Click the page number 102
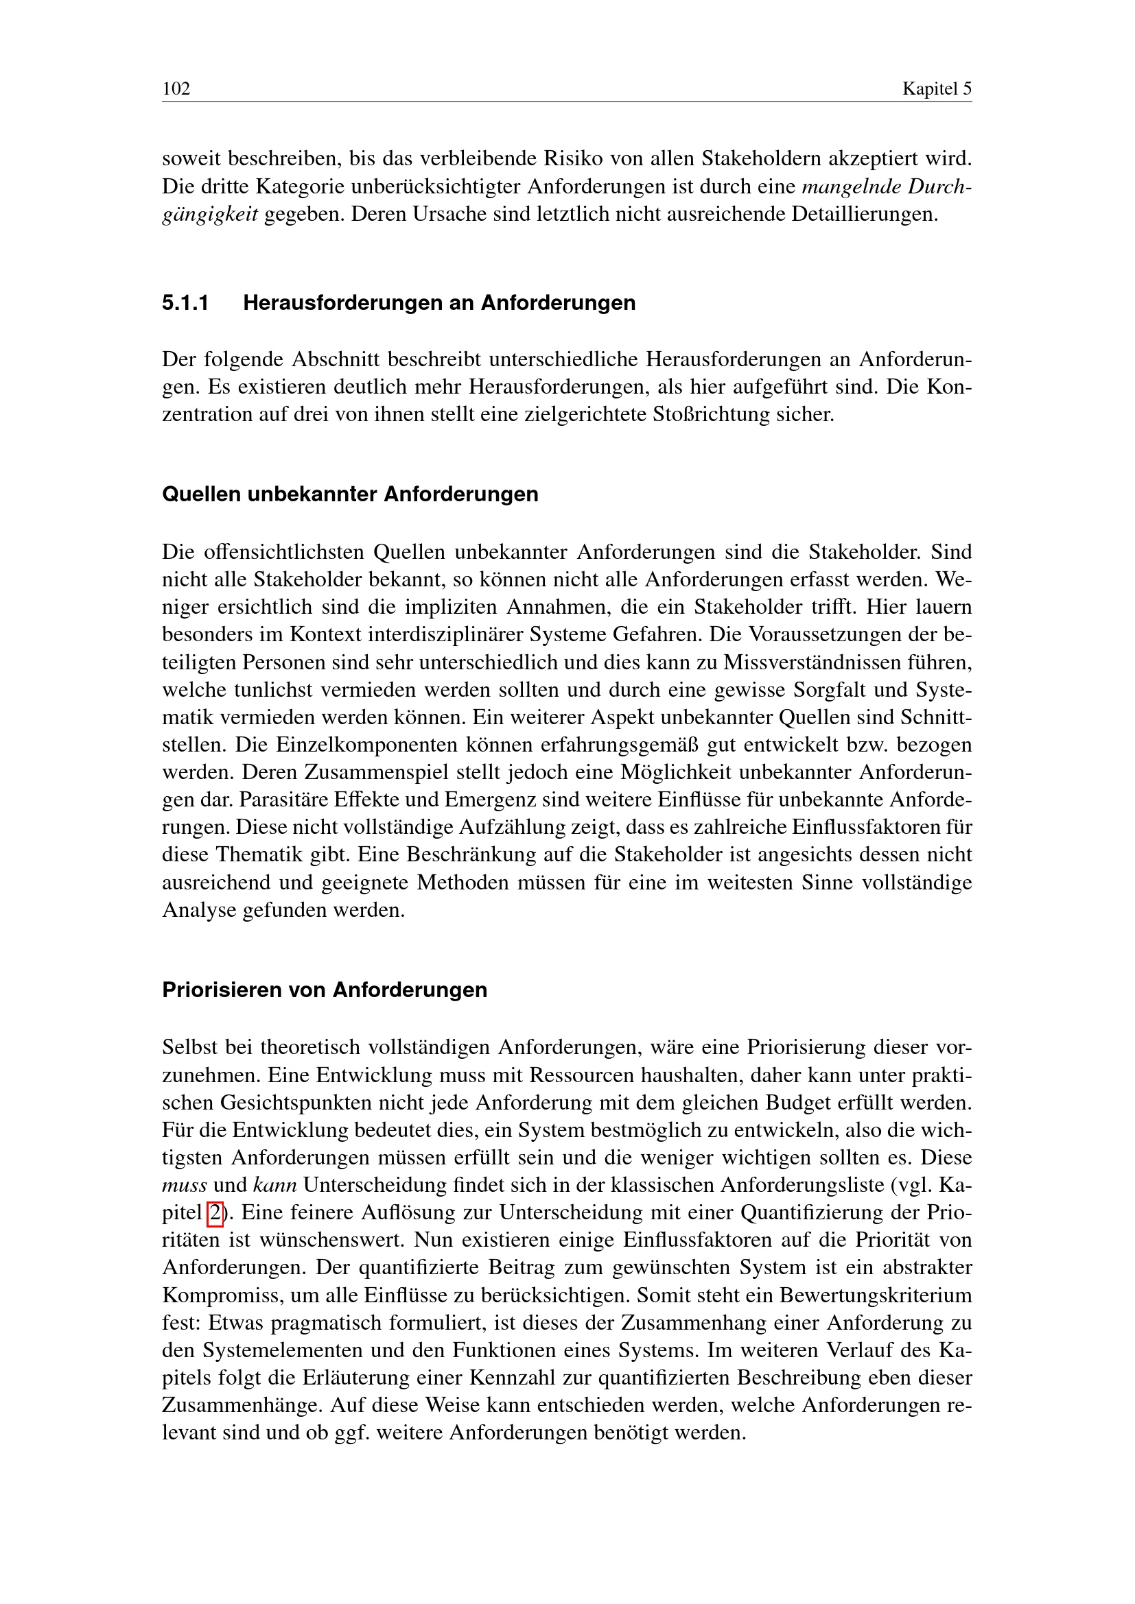pyautogui.click(x=176, y=88)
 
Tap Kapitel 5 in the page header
pyautogui.click(x=937, y=88)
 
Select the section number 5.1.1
pyautogui.click(x=185, y=303)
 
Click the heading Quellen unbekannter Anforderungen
pyautogui.click(x=350, y=494)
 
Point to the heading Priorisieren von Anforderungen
pyautogui.click(x=325, y=990)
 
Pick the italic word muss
pyautogui.click(x=184, y=1186)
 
